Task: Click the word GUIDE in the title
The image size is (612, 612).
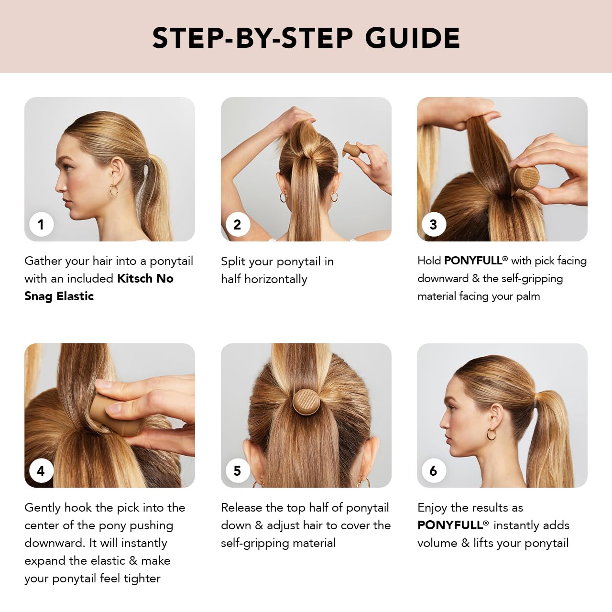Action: [x=413, y=38]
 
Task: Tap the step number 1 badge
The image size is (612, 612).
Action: [x=41, y=225]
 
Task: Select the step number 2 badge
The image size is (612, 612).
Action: [x=238, y=225]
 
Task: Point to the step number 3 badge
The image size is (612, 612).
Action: [x=434, y=225]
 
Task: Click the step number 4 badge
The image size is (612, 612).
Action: [x=41, y=470]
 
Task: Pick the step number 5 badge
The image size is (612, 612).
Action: [x=238, y=470]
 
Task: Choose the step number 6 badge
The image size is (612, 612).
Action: [x=434, y=470]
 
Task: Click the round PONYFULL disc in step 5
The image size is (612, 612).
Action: [x=306, y=402]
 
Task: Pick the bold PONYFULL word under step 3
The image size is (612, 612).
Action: [x=473, y=261]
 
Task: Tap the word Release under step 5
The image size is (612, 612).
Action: [x=241, y=507]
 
